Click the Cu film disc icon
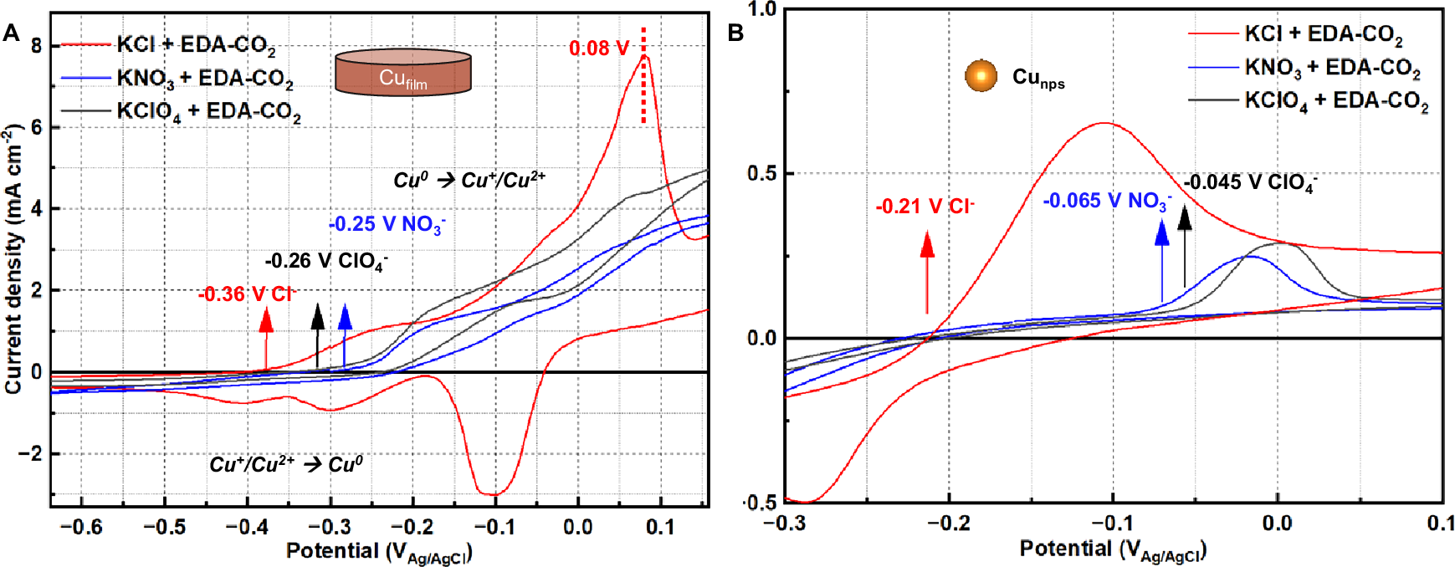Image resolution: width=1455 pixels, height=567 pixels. (x=402, y=74)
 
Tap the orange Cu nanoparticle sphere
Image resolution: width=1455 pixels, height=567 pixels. (x=981, y=76)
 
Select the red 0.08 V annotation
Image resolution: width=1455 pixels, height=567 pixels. (x=598, y=49)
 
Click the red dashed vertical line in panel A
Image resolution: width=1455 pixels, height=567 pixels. (x=643, y=75)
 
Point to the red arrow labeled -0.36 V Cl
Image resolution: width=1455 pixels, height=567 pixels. (x=266, y=339)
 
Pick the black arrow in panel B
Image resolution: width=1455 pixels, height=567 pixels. (x=1184, y=247)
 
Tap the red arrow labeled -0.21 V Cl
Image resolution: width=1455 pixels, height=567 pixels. (x=927, y=273)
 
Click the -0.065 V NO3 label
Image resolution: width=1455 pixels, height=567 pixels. (x=1106, y=202)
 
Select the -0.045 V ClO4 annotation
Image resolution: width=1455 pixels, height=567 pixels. (x=1250, y=183)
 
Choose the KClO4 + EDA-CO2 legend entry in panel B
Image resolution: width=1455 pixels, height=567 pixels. (x=1335, y=101)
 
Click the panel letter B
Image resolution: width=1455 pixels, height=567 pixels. (x=735, y=33)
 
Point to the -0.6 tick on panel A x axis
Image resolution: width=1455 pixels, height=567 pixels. (x=82, y=528)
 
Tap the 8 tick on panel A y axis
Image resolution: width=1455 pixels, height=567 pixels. (x=36, y=47)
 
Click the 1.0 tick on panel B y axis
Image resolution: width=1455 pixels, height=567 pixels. (x=762, y=9)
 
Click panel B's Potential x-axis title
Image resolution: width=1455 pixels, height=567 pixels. (x=1112, y=549)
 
